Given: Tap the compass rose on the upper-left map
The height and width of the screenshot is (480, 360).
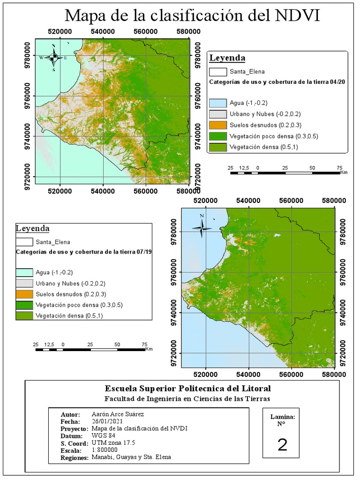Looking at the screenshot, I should tap(53, 57).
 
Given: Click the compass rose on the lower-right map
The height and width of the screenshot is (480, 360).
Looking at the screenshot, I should tap(202, 228).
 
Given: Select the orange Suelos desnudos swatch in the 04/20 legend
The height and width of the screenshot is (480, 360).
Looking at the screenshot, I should tap(218, 125).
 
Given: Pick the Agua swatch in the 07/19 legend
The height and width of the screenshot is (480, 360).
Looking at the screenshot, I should tap(24, 272).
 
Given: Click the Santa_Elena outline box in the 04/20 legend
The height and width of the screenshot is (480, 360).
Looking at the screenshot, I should tap(218, 72).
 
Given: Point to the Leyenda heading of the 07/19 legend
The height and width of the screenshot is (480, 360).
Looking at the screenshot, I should tap(32, 229).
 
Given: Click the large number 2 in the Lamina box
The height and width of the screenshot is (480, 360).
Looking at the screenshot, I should tap(282, 445).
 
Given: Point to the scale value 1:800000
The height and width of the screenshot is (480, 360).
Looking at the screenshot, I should tap(105, 450).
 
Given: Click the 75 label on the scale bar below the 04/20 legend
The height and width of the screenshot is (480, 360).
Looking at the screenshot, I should tap(339, 167).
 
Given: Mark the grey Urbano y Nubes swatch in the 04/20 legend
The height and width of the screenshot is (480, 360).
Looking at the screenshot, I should tap(218, 114).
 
